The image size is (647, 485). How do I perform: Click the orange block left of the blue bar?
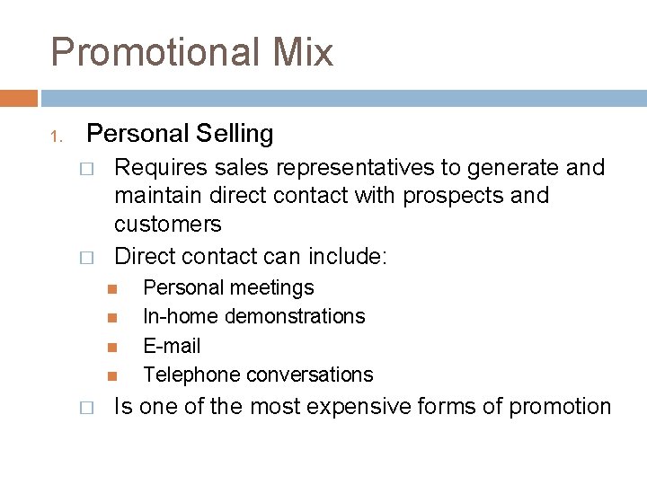click(x=18, y=98)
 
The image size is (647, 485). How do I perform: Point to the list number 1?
click(x=55, y=137)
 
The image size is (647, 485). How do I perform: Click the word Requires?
click(x=158, y=168)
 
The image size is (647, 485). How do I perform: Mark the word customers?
click(x=167, y=223)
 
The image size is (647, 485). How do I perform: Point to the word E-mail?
click(x=172, y=346)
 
